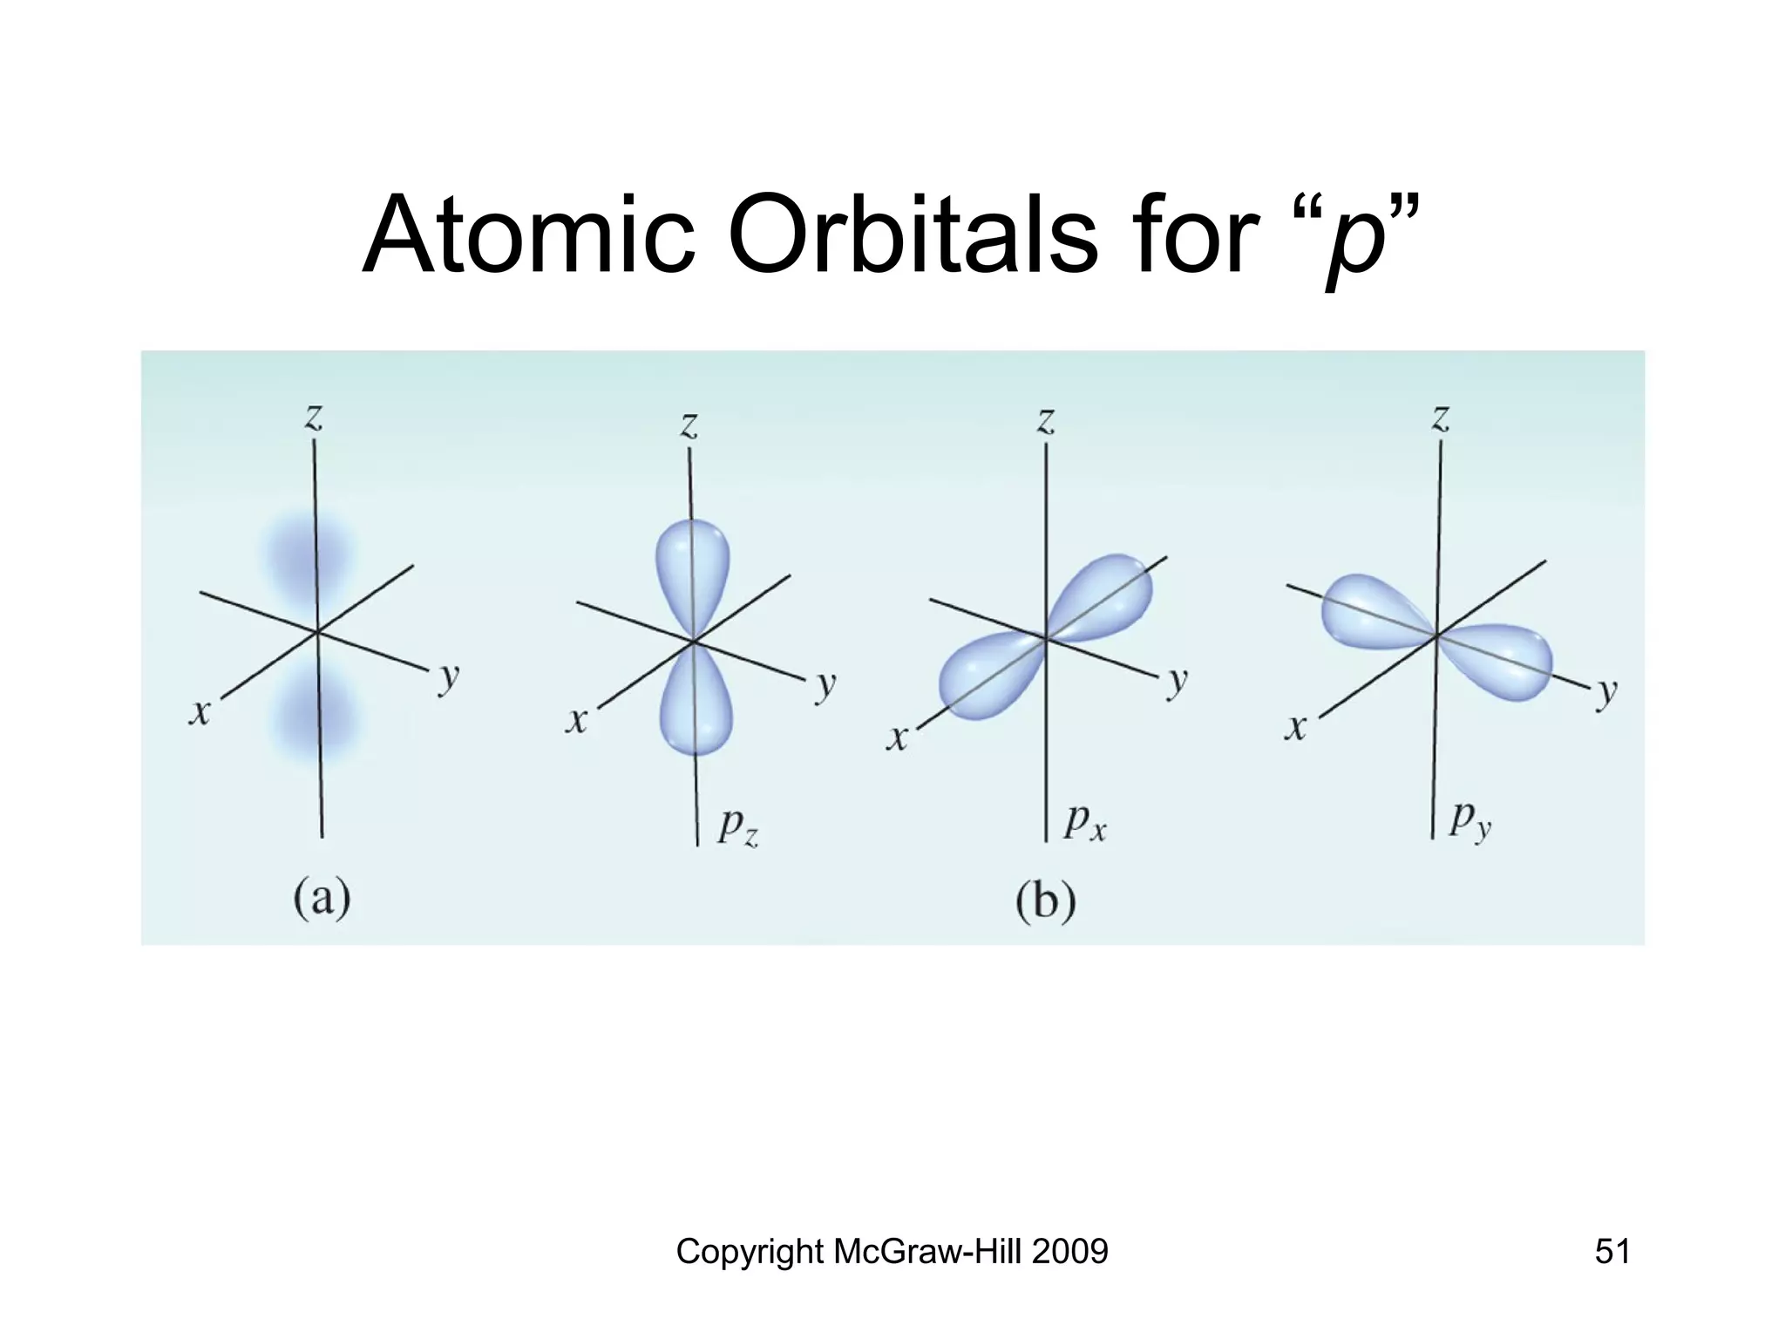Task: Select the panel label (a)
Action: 322,897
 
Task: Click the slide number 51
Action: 1612,1251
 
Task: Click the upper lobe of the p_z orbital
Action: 691,571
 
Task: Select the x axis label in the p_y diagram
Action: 1296,726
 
